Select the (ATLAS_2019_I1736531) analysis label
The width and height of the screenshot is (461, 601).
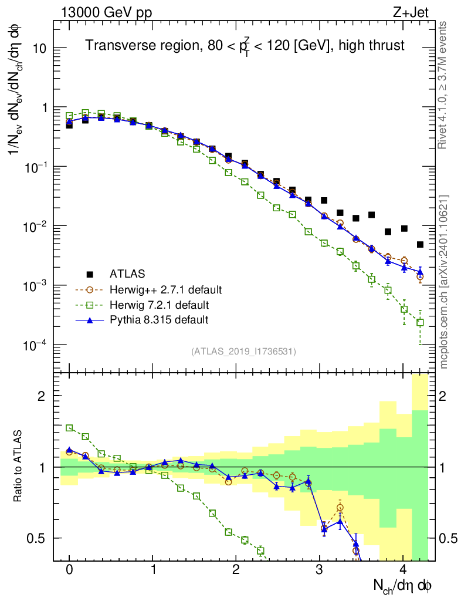[243, 352]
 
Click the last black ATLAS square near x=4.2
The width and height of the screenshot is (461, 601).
[420, 245]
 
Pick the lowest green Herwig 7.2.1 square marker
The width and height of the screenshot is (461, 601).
[420, 322]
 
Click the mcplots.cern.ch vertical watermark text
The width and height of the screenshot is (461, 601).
[445, 282]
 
